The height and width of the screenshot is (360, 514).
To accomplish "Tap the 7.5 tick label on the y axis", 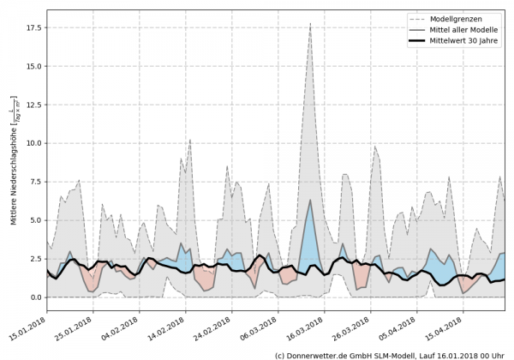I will pyautogui.click(x=34, y=182).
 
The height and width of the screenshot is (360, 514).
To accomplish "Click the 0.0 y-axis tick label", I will pyautogui.click(x=34, y=297).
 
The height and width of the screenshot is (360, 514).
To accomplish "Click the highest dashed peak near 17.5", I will pyautogui.click(x=310, y=24).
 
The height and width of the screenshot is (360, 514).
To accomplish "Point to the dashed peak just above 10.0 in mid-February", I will pyautogui.click(x=189, y=139).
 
